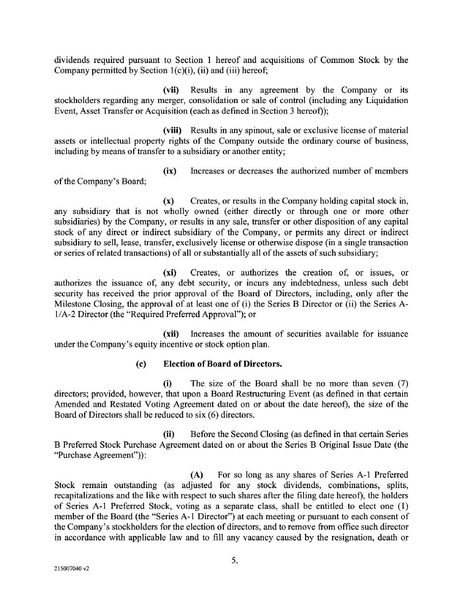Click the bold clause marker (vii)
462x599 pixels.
pyautogui.click(x=171, y=90)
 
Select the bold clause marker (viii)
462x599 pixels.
pyautogui.click(x=172, y=130)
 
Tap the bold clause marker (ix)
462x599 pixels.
pyautogui.click(x=169, y=171)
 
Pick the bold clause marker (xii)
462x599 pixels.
pyautogui.click(x=171, y=334)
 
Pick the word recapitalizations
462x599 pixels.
pyautogui.click(x=88, y=495)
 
